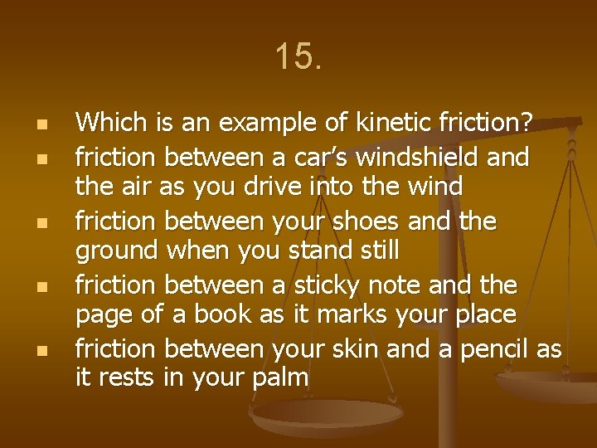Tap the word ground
(117, 251)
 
